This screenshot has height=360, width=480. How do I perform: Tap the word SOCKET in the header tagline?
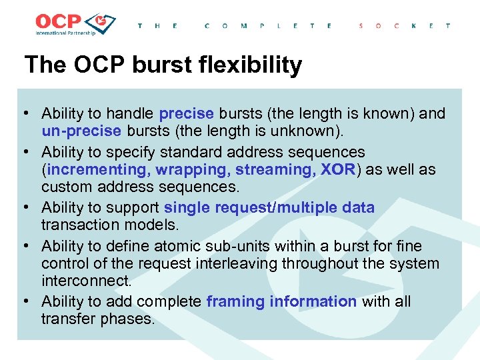[404, 26]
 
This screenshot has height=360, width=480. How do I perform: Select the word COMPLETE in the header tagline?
[268, 26]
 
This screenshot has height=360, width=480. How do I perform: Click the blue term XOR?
[338, 169]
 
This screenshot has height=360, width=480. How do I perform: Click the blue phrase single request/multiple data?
[269, 207]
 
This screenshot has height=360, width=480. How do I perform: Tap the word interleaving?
[239, 263]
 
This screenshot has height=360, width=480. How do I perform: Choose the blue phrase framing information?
[281, 301]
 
